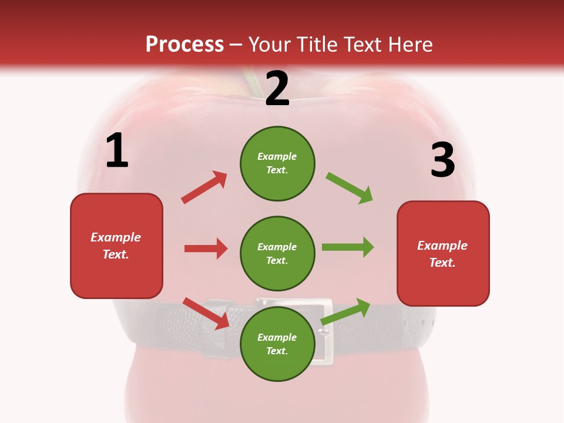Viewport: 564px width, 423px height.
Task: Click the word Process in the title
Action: pyautogui.click(x=184, y=44)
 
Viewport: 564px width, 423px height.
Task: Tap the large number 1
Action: pyautogui.click(x=117, y=151)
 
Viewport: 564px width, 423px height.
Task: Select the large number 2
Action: pyautogui.click(x=277, y=89)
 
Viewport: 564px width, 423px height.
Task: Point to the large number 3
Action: pyautogui.click(x=442, y=160)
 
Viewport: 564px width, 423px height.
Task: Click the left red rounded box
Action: pyautogui.click(x=116, y=246)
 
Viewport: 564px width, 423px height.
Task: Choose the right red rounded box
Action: pyautogui.click(x=443, y=253)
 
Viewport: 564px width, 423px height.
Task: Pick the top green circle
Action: pyautogui.click(x=277, y=163)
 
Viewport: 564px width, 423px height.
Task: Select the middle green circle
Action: pyautogui.click(x=277, y=253)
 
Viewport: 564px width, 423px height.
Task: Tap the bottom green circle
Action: pyautogui.click(x=277, y=344)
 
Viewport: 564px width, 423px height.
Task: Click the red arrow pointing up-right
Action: pyautogui.click(x=204, y=187)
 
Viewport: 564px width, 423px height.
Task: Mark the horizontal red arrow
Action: pyautogui.click(x=206, y=249)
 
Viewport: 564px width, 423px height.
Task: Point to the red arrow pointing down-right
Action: pyautogui.click(x=206, y=313)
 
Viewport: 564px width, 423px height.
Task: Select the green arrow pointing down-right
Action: pyautogui.click(x=350, y=188)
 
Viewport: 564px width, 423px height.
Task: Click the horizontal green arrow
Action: pyautogui.click(x=348, y=247)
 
